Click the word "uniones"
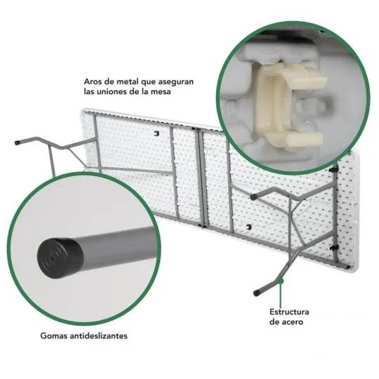114,92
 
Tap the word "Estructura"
289,312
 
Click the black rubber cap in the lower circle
60,258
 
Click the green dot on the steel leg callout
280,281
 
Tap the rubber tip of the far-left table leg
18,142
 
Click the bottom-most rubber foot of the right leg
257,293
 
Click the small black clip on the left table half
157,133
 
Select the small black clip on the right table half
248,227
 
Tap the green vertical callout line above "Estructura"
280,294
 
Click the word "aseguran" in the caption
175,82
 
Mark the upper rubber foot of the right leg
254,197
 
